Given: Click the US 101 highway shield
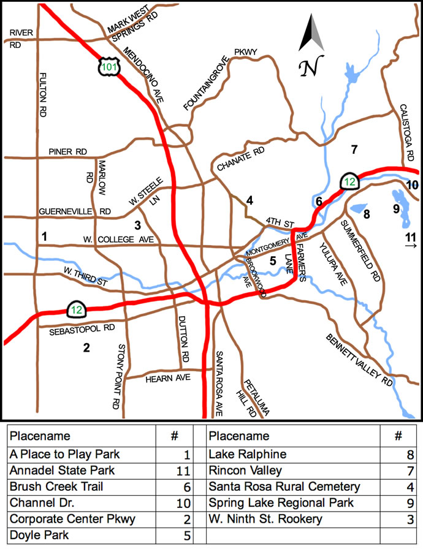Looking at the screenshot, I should tap(109, 67).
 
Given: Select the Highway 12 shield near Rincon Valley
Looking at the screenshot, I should tap(349, 181).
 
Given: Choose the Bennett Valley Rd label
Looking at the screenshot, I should tap(359, 360).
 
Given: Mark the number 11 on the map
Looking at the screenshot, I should tap(411, 237).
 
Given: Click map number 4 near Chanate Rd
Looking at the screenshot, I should tap(250, 200).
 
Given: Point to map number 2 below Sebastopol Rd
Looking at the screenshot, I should tap(86, 348).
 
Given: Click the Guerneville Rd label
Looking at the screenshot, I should tap(75, 211).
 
